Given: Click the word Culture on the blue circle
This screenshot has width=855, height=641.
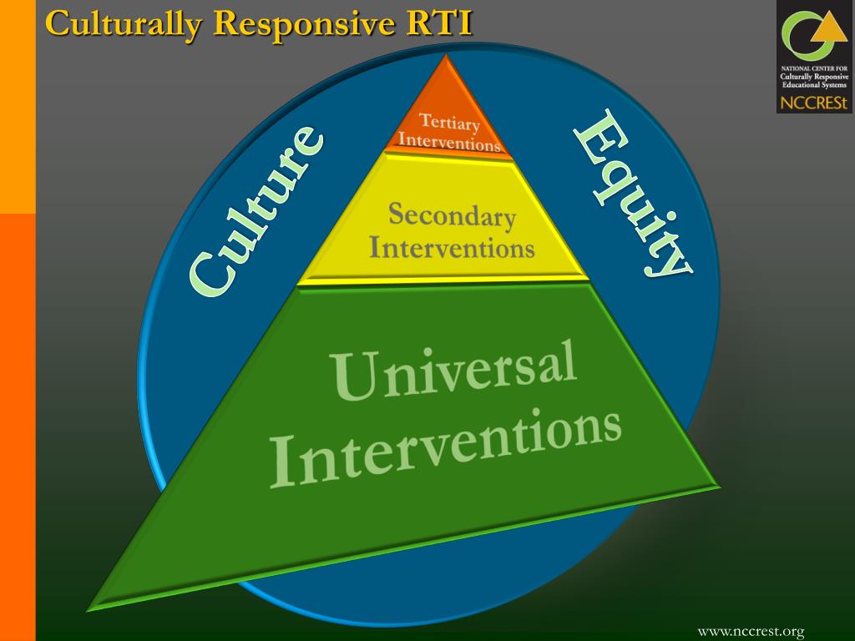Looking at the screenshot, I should click(x=255, y=212).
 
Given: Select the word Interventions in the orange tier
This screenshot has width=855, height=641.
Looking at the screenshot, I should click(x=449, y=142).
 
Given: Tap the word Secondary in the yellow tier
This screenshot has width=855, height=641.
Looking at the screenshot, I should click(x=452, y=216).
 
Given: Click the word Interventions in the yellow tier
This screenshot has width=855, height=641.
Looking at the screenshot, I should click(x=452, y=248).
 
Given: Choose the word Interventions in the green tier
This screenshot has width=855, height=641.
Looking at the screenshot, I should click(x=447, y=447).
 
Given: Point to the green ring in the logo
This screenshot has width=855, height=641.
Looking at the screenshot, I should click(x=800, y=38).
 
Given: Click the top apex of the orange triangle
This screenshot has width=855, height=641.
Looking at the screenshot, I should click(x=448, y=56).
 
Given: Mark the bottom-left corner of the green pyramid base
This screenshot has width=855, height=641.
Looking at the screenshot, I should click(x=89, y=610).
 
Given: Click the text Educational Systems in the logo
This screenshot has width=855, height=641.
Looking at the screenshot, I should click(x=814, y=85).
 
